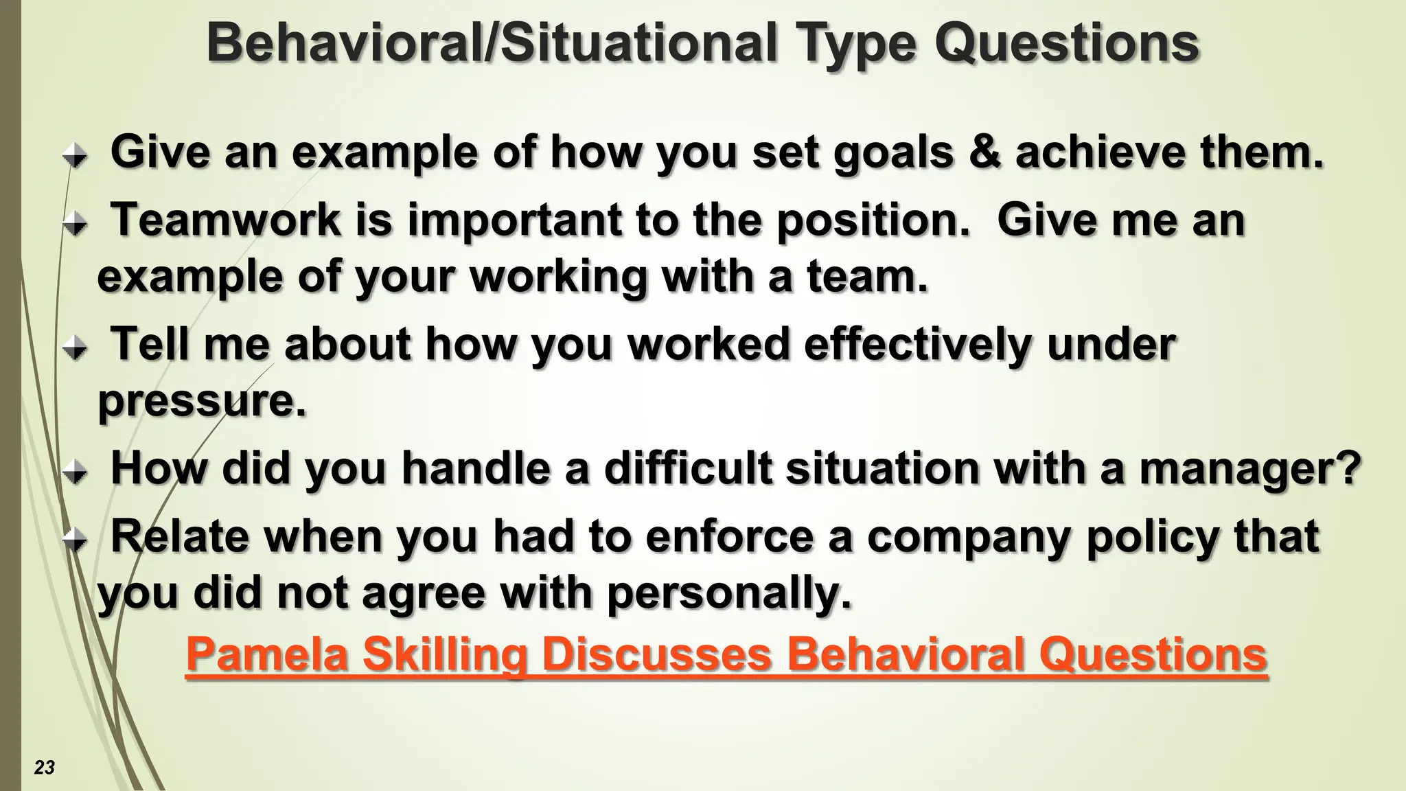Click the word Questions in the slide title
tap(1067, 43)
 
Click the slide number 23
tap(44, 768)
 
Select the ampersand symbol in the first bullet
tap(984, 152)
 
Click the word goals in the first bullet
tap(893, 152)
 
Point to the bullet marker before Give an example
tap(75, 157)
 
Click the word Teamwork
tap(226, 220)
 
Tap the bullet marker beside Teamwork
tap(75, 225)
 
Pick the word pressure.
tap(202, 401)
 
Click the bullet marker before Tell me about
tap(75, 349)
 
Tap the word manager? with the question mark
tap(1250, 468)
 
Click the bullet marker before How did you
tap(75, 472)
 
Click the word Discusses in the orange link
tap(658, 654)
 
